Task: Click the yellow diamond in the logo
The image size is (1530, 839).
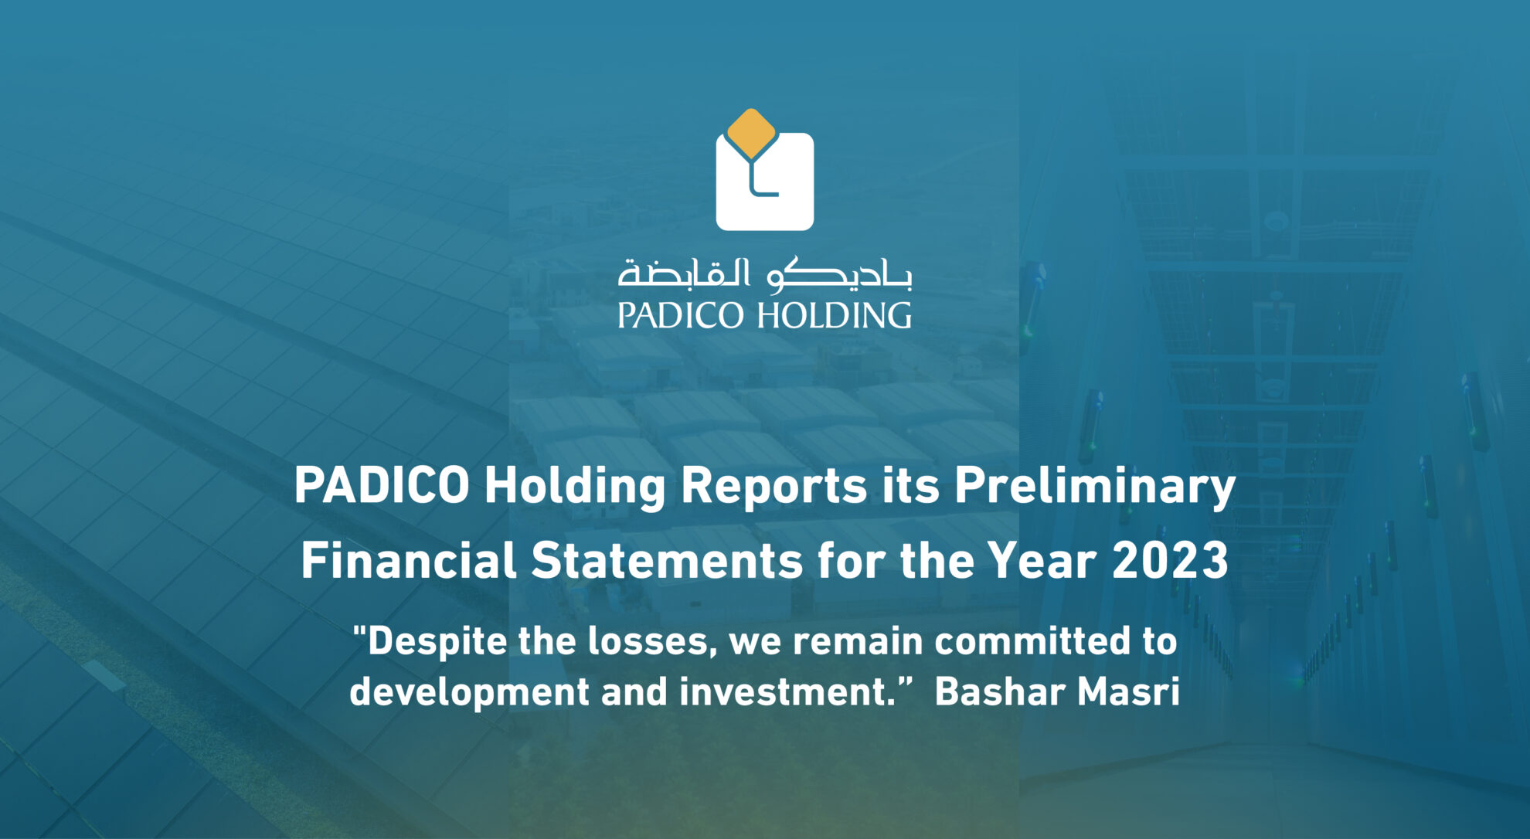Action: (x=751, y=133)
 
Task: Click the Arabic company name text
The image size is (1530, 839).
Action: (x=764, y=273)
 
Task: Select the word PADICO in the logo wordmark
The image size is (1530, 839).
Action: (x=680, y=316)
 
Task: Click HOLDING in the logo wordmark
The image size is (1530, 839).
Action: (x=834, y=316)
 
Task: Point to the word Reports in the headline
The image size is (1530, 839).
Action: (x=773, y=487)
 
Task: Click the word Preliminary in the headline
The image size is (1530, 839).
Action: (x=1094, y=487)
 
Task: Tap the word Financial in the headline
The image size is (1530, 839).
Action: (x=408, y=560)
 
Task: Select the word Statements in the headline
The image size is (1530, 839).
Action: (x=667, y=560)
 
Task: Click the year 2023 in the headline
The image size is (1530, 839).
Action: (x=1170, y=560)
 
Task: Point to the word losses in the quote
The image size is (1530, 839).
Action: (x=649, y=642)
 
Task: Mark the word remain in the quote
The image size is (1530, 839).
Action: (x=858, y=642)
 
